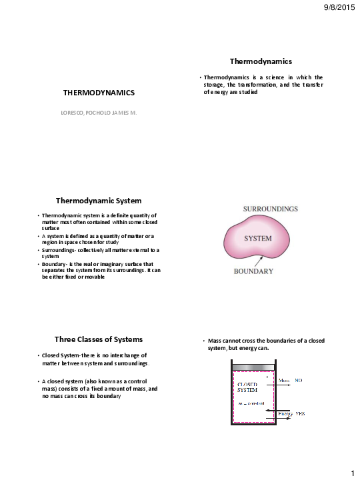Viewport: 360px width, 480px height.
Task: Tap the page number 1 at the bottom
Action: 351,473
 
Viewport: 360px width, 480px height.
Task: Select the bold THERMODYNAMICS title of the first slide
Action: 99,92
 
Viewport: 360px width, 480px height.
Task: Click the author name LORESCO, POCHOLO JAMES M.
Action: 99,113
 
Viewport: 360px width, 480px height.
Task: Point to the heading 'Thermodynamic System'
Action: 99,200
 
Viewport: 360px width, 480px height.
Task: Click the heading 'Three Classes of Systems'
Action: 99,339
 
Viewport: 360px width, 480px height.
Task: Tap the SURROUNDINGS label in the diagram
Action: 269,209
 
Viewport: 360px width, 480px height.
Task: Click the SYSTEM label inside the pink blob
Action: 261,238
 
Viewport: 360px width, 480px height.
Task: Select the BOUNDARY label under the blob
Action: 253,271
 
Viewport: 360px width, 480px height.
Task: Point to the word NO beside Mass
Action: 299,380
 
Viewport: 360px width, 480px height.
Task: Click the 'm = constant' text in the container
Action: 251,404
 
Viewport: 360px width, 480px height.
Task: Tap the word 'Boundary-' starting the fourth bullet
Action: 55,263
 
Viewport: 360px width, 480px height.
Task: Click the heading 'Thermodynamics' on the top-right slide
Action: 261,61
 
